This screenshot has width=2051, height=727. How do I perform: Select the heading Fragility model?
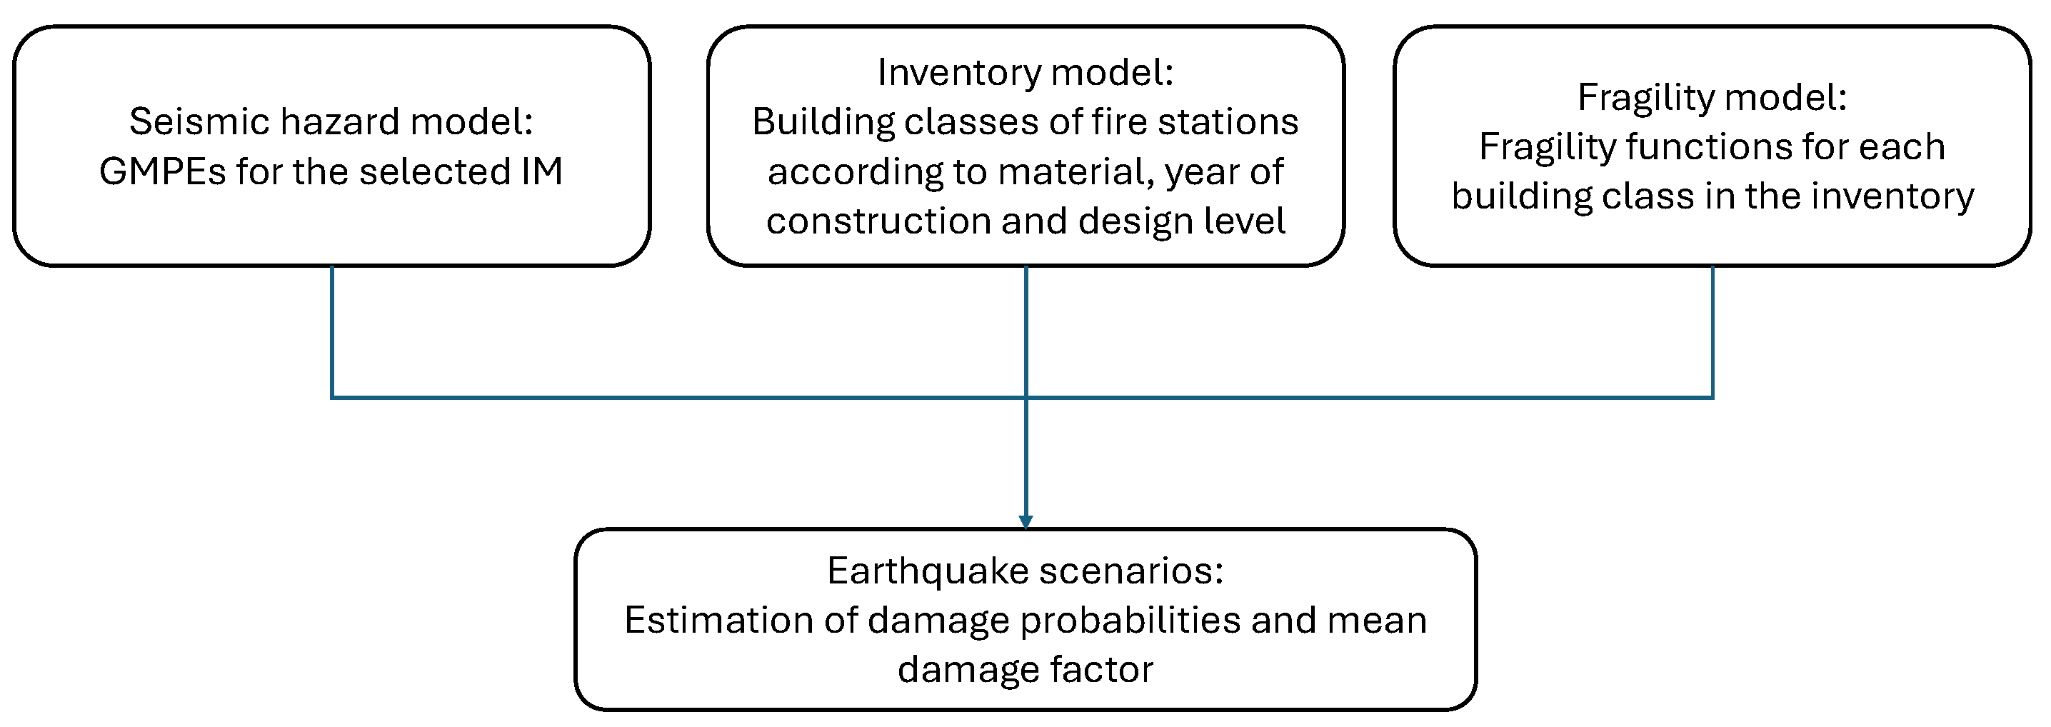coord(1712,98)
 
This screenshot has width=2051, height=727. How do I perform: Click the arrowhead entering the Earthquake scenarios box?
coord(1025,522)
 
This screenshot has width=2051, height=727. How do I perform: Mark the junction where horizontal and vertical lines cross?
coord(1025,396)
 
